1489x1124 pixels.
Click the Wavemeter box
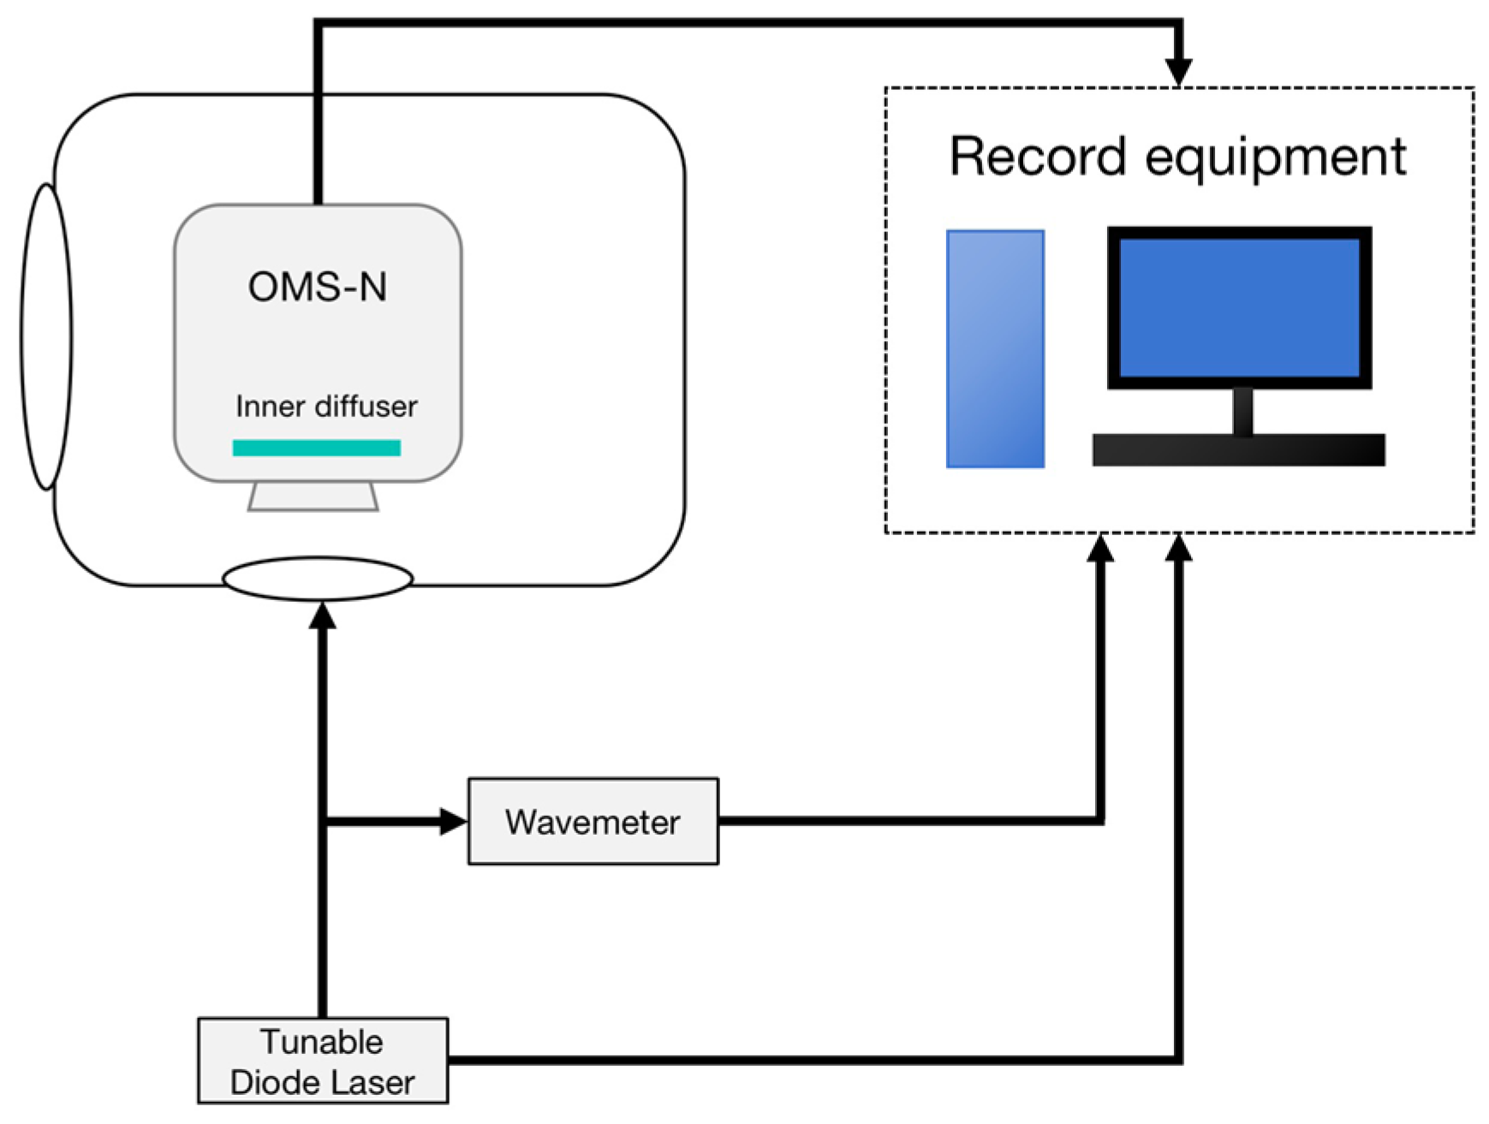[593, 821]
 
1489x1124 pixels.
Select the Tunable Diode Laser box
[323, 1061]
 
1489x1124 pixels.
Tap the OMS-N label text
[318, 287]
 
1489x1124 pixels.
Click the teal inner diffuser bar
[317, 448]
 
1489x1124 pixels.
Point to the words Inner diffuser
[326, 406]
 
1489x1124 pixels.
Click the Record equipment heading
[1177, 158]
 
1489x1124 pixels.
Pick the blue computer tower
[995, 349]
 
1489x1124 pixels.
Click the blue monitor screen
[1239, 307]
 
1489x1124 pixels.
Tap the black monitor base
[1238, 450]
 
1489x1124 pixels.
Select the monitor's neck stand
[1242, 412]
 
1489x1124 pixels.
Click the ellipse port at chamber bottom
[318, 579]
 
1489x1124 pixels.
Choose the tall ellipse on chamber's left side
[46, 336]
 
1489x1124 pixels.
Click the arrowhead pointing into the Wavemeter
[453, 822]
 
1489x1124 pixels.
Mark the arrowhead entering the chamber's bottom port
[322, 615]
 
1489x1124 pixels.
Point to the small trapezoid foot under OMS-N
[313, 497]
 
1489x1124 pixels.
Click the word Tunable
[322, 1042]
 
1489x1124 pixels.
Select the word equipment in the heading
[1276, 159]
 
